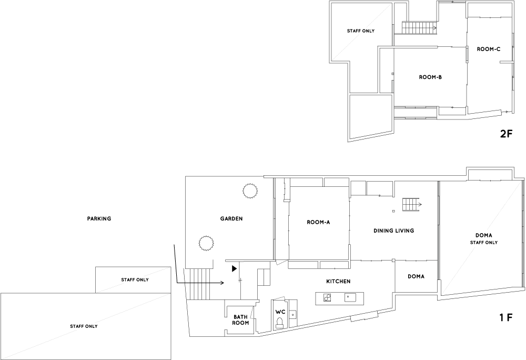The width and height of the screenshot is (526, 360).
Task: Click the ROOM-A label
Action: [318, 222]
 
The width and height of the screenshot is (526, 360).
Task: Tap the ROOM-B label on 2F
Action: [430, 77]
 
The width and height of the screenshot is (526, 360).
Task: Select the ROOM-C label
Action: [489, 49]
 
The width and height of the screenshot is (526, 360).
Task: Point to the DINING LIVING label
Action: [394, 231]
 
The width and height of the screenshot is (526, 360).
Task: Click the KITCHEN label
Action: [338, 281]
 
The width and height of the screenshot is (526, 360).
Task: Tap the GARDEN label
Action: [231, 218]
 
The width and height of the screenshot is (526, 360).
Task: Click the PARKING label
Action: [99, 218]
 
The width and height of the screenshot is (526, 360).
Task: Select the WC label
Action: [280, 312]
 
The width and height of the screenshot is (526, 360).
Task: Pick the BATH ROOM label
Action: [241, 320]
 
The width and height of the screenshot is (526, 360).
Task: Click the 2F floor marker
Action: [507, 134]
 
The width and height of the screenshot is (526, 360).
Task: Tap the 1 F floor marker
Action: [506, 317]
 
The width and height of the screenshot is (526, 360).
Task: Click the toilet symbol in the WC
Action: [280, 323]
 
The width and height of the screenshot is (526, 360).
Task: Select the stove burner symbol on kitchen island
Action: [327, 297]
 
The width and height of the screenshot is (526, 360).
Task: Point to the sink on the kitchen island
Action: [350, 297]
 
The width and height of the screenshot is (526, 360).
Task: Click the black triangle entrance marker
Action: [235, 268]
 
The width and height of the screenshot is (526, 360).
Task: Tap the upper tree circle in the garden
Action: [250, 191]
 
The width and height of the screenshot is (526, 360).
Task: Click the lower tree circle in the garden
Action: [206, 243]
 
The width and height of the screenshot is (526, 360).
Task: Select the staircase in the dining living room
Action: [412, 204]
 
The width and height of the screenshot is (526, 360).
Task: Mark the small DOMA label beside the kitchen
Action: [416, 276]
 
